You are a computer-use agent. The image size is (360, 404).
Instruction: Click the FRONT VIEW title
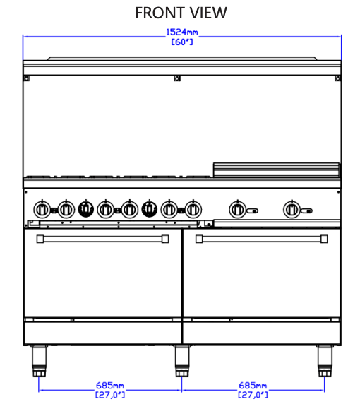[181, 13]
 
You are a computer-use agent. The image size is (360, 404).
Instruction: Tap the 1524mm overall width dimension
[182, 32]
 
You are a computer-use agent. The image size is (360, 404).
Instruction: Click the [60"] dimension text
[182, 42]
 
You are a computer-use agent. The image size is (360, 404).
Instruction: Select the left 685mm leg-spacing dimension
[110, 386]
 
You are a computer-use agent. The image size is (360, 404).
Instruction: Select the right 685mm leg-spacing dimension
[253, 386]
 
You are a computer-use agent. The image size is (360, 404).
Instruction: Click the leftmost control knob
[42, 209]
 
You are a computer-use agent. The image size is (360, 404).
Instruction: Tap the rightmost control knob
[292, 209]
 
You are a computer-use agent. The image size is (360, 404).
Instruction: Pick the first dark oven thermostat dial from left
[85, 208]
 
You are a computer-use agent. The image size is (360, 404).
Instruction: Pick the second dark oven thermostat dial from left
[150, 208]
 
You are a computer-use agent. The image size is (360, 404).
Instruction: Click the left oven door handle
[102, 239]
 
